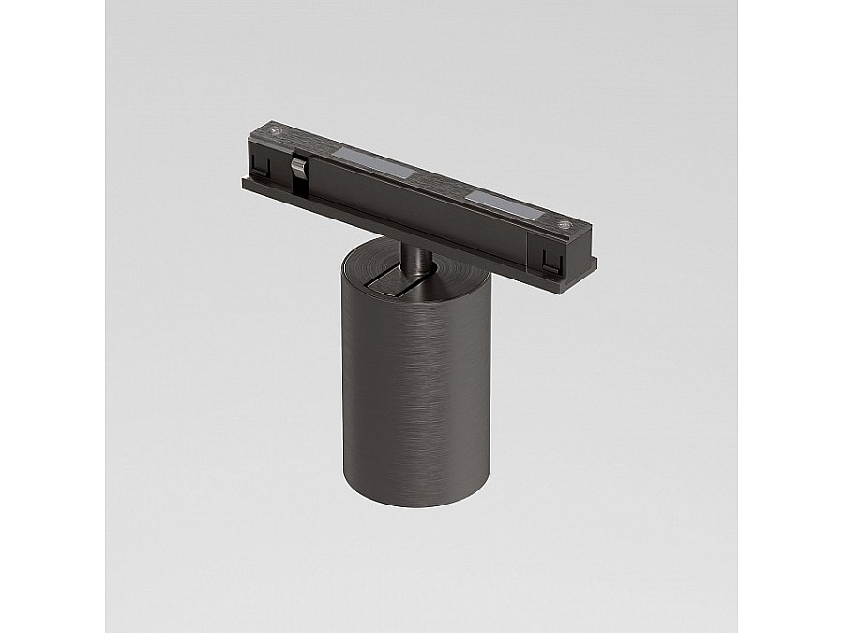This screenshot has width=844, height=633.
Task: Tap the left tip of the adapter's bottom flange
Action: coord(246,183)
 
